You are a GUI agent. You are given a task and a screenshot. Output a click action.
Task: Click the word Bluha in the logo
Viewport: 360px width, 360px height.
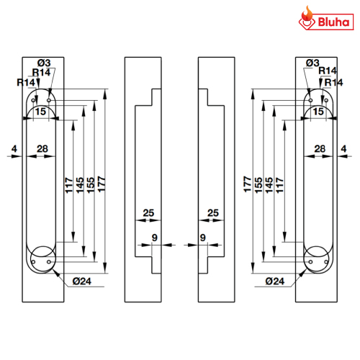[333, 22]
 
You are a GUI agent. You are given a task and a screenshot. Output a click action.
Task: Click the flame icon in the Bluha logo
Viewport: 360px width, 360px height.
[307, 14]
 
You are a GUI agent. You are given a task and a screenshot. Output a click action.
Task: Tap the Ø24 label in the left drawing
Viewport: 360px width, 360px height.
[82, 281]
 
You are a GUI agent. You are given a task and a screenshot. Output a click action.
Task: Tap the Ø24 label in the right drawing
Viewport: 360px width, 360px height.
[275, 281]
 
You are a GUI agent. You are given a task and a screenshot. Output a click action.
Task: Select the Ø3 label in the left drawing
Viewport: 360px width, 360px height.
[44, 63]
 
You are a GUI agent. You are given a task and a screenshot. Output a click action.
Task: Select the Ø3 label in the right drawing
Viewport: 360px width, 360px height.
[312, 63]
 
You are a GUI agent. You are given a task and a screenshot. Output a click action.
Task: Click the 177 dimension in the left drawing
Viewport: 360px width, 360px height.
[102, 184]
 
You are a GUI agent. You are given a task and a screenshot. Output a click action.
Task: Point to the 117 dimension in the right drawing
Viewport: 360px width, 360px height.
[279, 185]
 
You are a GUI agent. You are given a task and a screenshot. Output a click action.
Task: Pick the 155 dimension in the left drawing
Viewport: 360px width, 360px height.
[91, 185]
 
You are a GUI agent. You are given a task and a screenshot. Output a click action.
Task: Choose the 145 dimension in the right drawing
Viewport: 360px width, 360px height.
[269, 185]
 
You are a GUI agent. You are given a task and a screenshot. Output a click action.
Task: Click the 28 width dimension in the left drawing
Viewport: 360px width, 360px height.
[42, 149]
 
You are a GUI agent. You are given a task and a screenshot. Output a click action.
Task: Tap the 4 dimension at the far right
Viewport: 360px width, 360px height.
[343, 149]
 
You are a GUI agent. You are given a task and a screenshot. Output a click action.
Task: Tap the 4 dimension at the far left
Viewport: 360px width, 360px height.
[14, 149]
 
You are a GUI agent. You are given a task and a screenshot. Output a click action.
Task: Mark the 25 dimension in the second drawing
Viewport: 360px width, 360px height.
[148, 213]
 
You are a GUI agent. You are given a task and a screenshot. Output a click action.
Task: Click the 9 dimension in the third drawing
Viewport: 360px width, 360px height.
[203, 238]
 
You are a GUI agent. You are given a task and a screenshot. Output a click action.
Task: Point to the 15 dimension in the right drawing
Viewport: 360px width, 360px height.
[318, 112]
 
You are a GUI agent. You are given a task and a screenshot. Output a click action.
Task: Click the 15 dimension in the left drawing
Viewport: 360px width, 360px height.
[40, 112]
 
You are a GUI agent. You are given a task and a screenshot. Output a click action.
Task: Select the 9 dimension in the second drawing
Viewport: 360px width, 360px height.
[155, 238]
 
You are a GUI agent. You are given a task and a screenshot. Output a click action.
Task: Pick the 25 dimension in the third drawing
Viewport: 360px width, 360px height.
[213, 213]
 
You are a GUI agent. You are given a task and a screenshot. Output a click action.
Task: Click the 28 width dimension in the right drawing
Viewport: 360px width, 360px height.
[320, 149]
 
